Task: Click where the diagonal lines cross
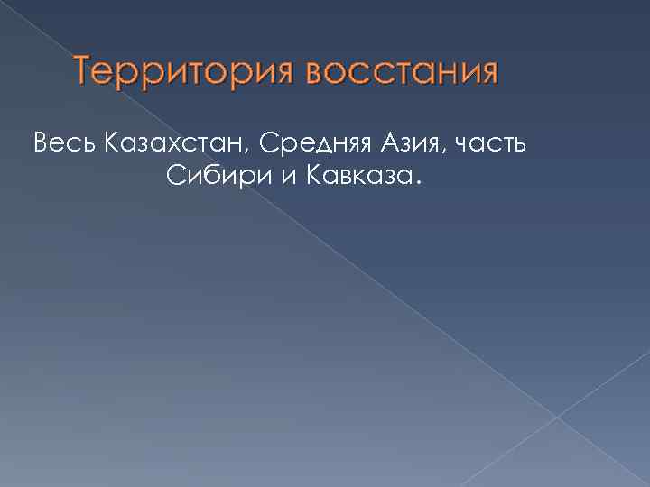tap(557, 417)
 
